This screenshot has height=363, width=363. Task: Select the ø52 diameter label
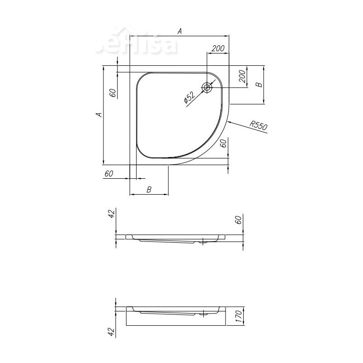[x=189, y=98]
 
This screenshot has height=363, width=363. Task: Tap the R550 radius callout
[x=259, y=126]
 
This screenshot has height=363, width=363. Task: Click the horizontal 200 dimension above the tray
[x=218, y=49]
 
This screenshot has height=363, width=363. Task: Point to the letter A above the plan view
[x=180, y=31]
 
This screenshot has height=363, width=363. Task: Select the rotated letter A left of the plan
[x=98, y=115]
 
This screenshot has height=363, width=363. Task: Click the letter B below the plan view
[x=149, y=190]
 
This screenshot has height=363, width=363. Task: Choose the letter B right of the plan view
[x=258, y=85]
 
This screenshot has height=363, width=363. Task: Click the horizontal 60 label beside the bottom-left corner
[x=109, y=174]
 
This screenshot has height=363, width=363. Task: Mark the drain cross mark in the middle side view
[x=202, y=242]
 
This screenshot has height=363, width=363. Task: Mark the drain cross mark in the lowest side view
[x=205, y=312]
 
